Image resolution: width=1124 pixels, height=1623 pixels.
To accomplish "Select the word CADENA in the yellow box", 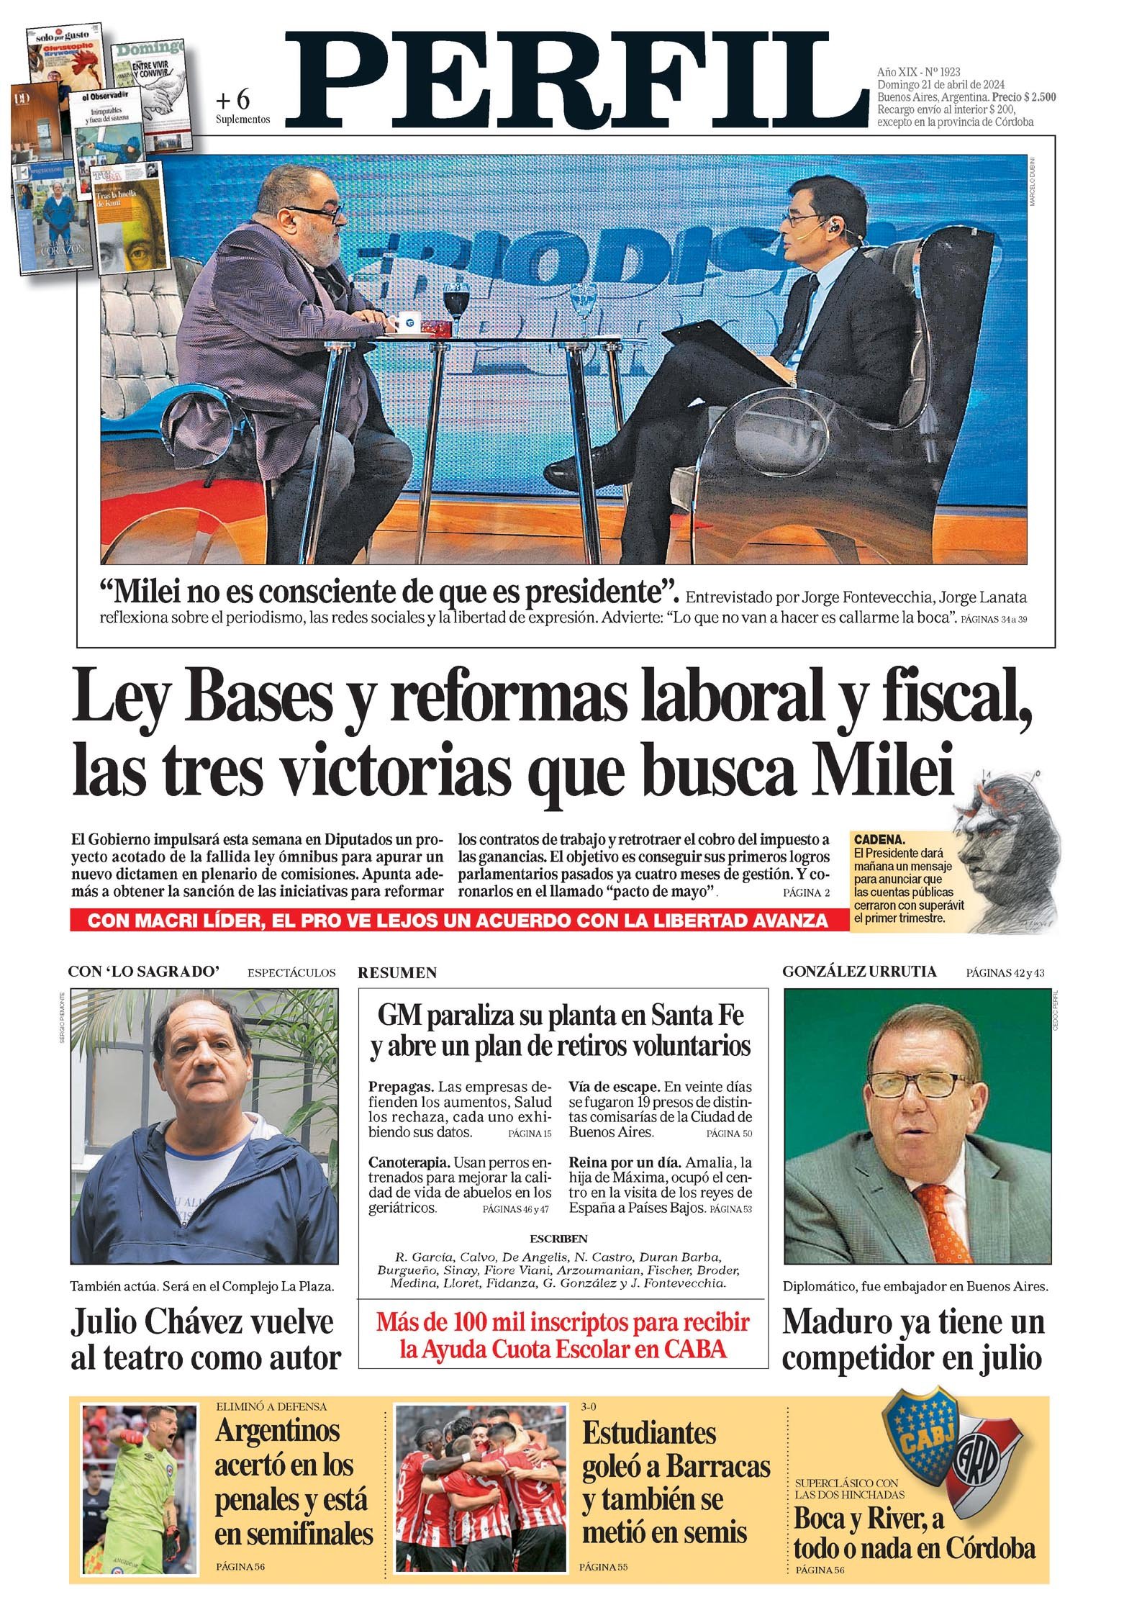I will point(878,839).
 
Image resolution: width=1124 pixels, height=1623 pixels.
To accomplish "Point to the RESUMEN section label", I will point(397,973).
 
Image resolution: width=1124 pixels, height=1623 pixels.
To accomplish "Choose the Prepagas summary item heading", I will point(401,1086).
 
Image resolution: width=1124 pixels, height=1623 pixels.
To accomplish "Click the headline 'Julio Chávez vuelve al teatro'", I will point(204,1340).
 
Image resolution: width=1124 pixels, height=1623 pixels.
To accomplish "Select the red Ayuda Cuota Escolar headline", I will point(563,1335).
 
